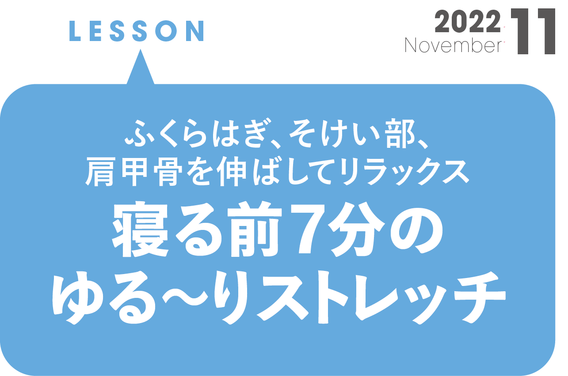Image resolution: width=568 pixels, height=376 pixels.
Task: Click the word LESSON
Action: (137, 31)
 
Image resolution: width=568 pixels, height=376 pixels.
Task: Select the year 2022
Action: (468, 22)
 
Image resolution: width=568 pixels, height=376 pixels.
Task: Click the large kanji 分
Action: (362, 232)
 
